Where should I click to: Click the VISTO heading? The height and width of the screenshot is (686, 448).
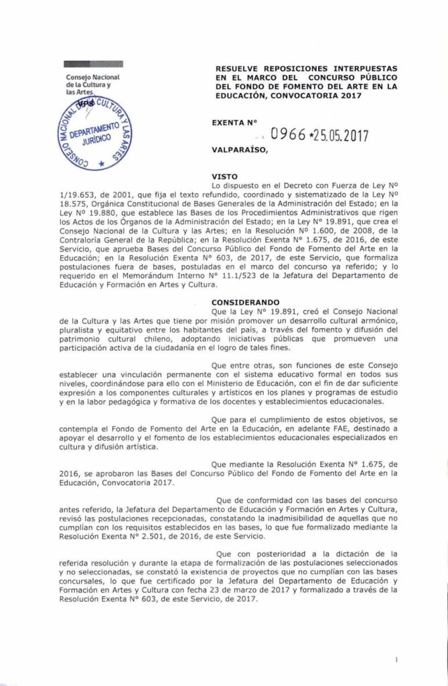pos(224,175)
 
